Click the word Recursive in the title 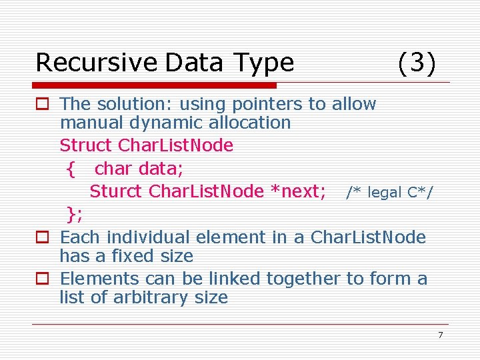95,63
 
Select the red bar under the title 155,85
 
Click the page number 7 440,335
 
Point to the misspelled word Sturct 116,191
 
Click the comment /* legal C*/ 389,193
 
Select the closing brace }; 75,214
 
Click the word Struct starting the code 86,145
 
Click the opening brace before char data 71,169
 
